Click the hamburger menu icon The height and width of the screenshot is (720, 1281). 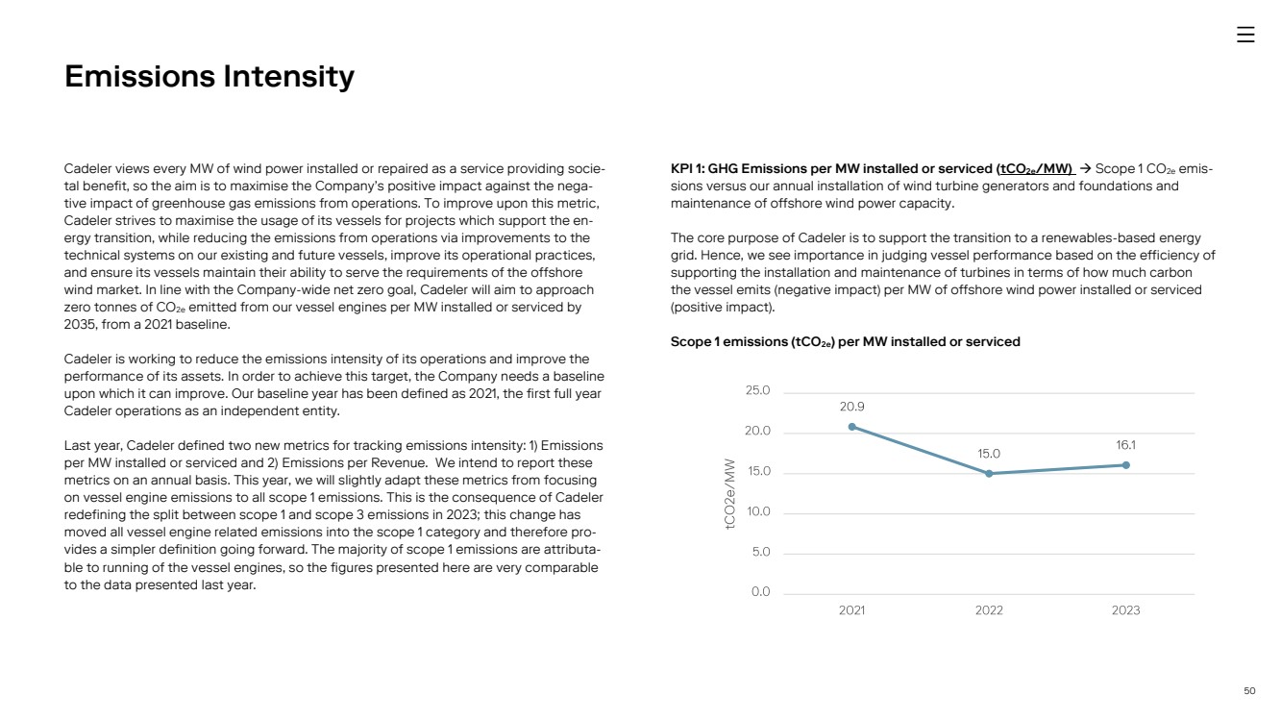[x=1245, y=35]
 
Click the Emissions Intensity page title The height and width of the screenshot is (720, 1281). [x=209, y=76]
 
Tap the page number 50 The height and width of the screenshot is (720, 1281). [x=1249, y=690]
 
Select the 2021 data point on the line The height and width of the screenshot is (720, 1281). [x=851, y=427]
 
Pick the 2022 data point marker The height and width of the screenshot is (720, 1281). [x=989, y=473]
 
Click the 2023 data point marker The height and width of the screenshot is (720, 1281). [x=1125, y=465]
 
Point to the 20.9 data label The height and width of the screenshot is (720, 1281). [x=851, y=407]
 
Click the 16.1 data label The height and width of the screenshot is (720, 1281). [x=1125, y=445]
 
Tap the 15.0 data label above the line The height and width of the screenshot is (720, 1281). [x=989, y=454]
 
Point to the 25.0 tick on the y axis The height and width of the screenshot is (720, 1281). [x=758, y=391]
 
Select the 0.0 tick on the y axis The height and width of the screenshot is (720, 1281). [x=760, y=592]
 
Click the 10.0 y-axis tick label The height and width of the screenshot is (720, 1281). [x=758, y=511]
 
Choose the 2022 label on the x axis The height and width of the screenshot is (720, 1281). [x=989, y=610]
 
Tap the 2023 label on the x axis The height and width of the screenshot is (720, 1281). [x=1125, y=610]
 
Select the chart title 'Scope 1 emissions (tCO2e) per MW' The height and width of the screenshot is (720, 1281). [x=845, y=342]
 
